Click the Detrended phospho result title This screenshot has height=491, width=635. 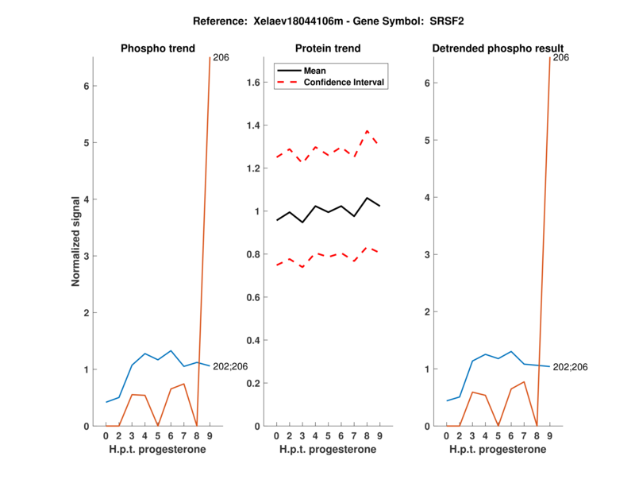tap(498, 48)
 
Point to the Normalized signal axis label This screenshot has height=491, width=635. tap(76, 241)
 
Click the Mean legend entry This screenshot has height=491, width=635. tap(315, 71)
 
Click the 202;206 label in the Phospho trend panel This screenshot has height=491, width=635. tap(230, 366)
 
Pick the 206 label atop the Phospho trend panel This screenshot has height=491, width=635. tap(221, 58)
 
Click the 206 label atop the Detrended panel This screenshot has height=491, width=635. tap(561, 58)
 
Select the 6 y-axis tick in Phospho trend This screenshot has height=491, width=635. tap(86, 86)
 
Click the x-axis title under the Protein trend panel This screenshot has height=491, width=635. tap(327, 449)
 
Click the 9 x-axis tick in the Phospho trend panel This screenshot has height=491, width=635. tap(209, 435)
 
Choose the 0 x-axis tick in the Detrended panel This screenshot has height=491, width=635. tap(446, 435)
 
